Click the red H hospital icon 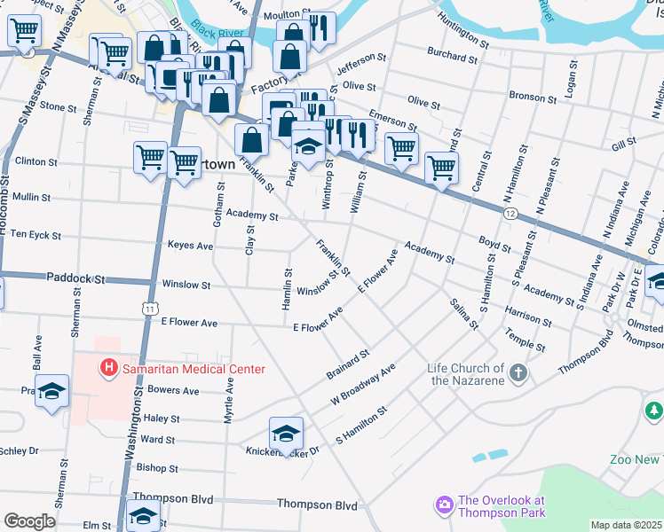(109, 366)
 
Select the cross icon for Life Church (518, 374)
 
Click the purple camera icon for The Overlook (443, 506)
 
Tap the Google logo (29, 521)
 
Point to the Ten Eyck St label (31, 237)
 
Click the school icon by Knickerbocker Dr (286, 434)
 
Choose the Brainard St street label (347, 364)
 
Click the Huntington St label (462, 41)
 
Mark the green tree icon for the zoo (654, 411)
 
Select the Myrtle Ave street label (229, 400)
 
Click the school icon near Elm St (143, 516)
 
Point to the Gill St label (624, 142)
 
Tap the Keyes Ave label (191, 246)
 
